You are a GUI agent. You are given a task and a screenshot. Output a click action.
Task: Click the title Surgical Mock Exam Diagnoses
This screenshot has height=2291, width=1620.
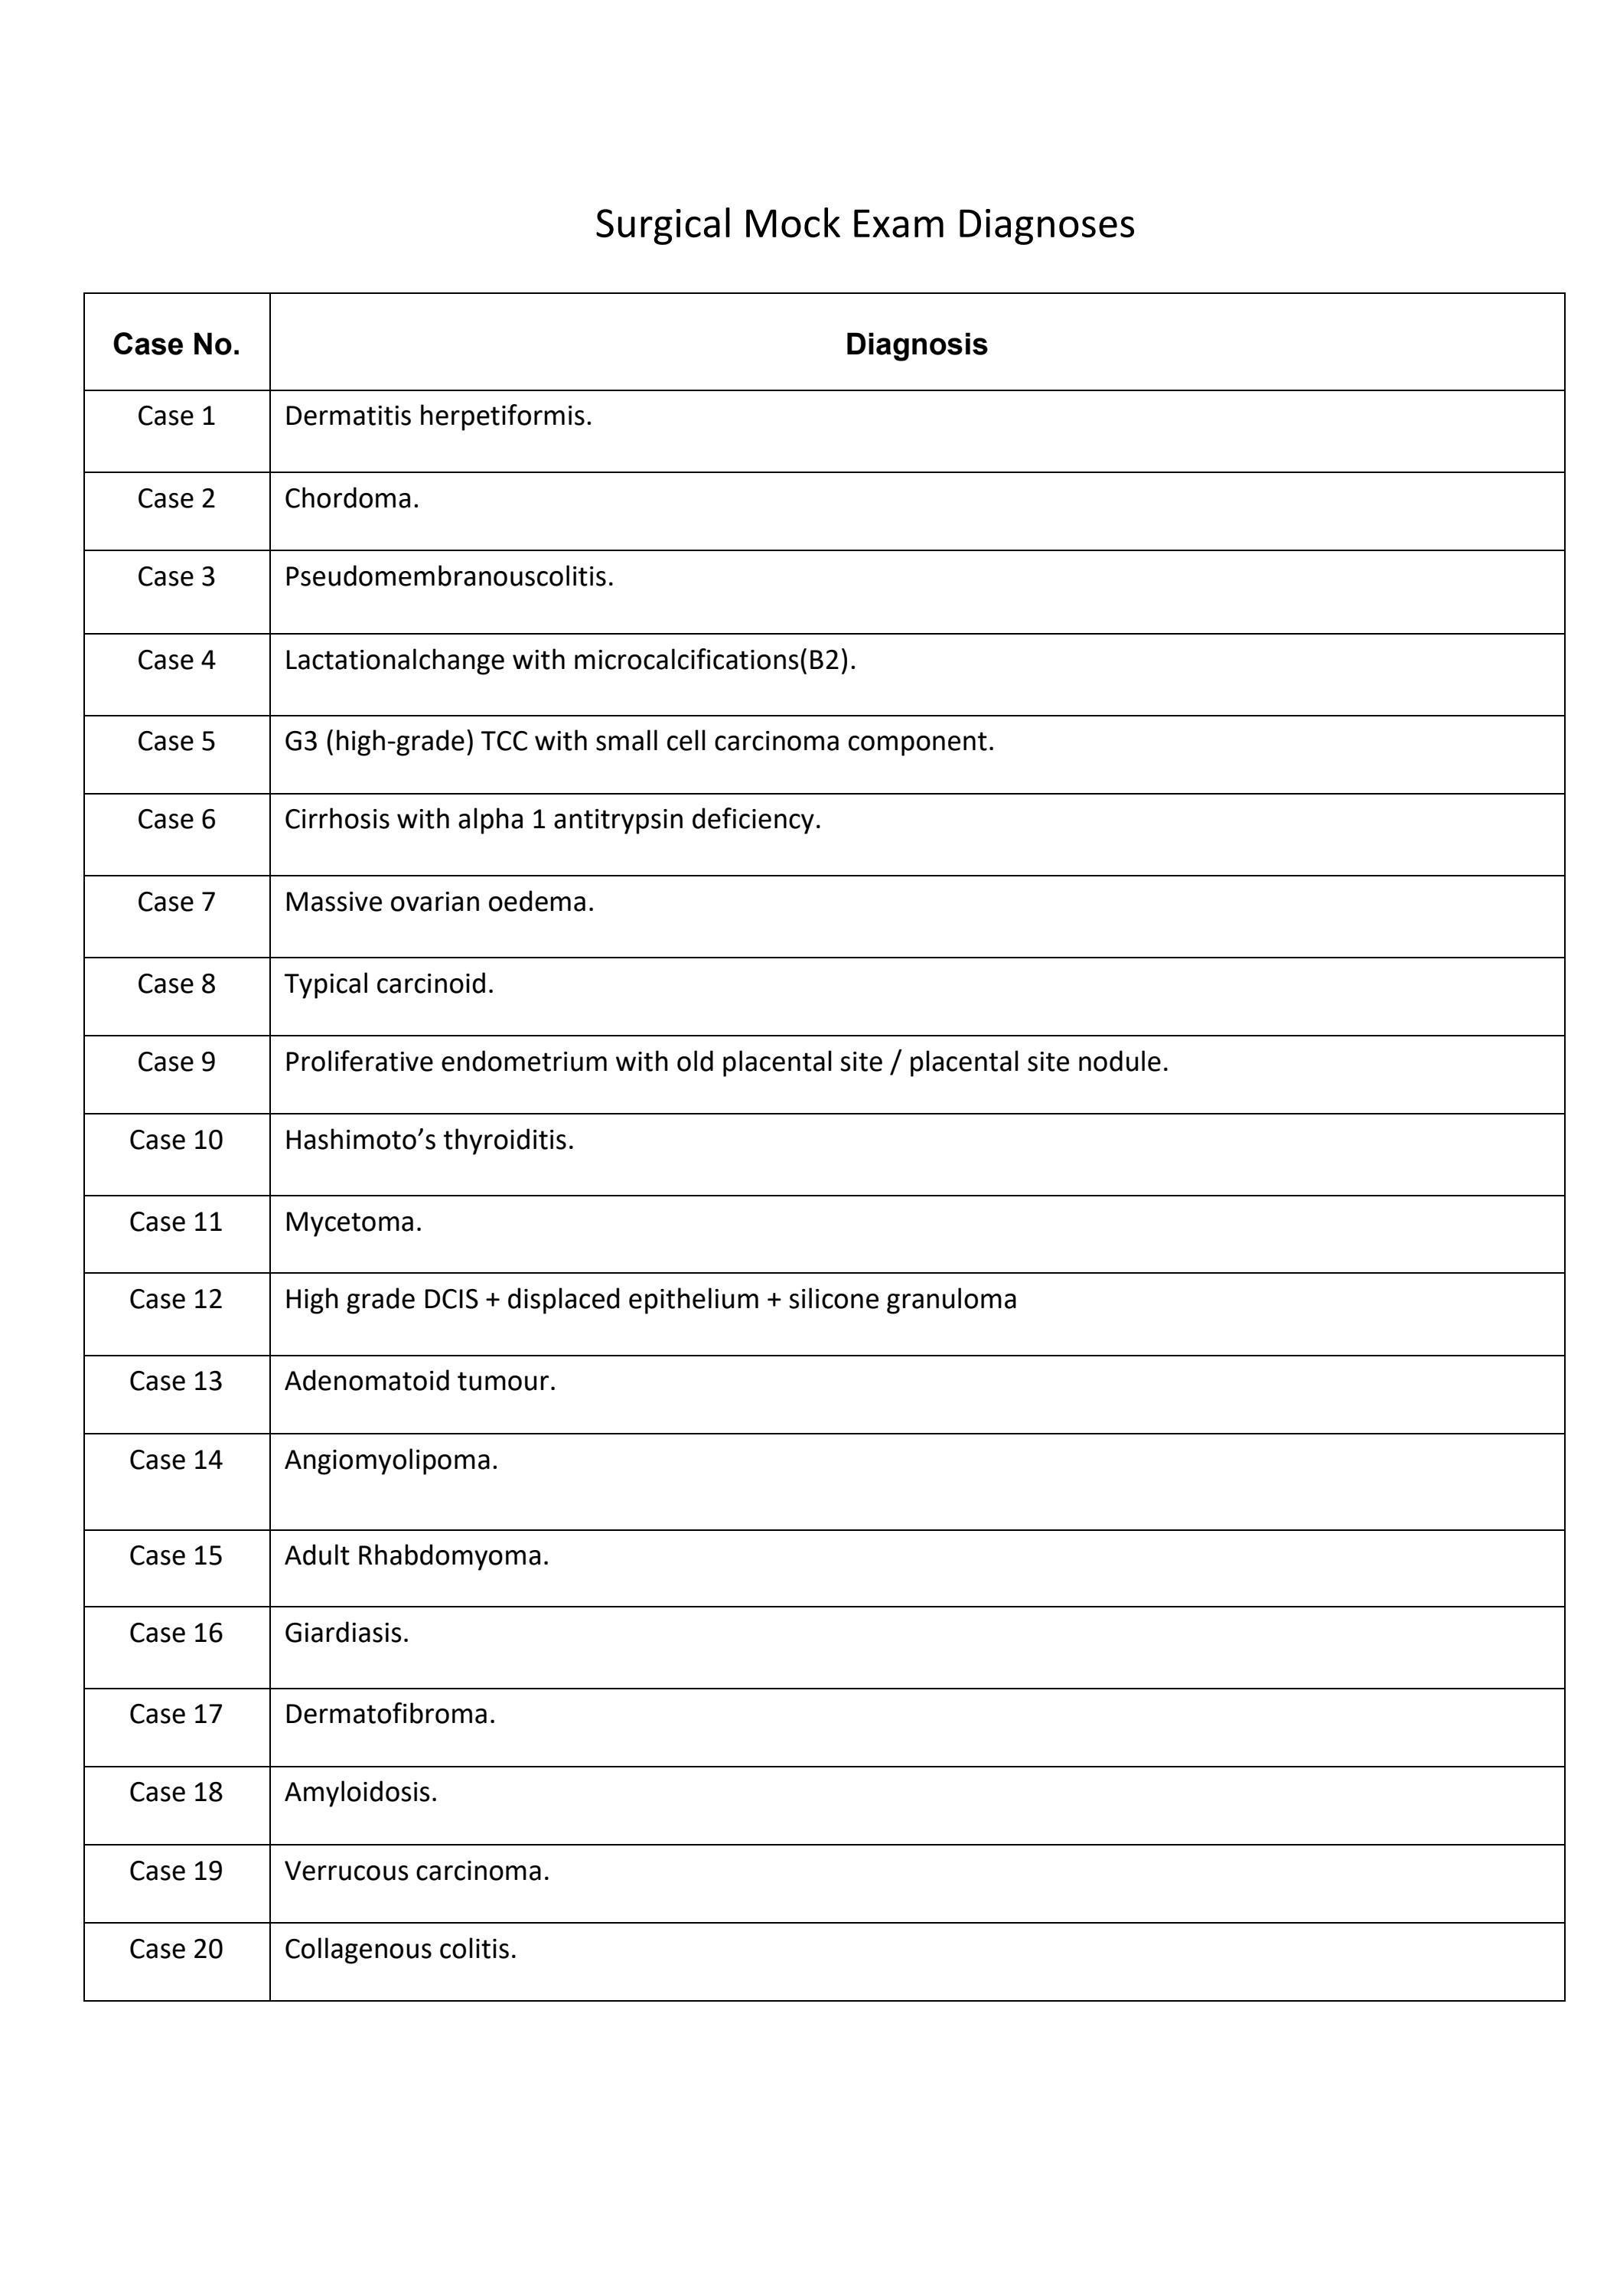click(864, 224)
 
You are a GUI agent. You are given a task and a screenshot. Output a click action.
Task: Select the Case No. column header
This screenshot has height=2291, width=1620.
click(177, 344)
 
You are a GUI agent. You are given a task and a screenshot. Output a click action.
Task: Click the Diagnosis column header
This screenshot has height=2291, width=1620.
click(916, 344)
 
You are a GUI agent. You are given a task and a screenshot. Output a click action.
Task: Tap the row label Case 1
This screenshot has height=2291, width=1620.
click(177, 416)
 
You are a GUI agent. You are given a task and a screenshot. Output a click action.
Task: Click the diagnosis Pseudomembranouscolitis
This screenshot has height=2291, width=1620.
click(449, 576)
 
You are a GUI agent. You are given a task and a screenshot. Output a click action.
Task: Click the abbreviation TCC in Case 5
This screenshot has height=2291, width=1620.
click(504, 742)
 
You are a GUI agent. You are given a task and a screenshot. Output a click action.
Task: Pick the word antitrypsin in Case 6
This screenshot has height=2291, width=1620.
click(618, 819)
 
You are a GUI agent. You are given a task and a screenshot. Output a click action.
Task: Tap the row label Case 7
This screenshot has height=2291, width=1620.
click(177, 902)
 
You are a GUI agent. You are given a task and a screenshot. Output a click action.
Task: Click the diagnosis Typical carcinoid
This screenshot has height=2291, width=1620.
click(389, 984)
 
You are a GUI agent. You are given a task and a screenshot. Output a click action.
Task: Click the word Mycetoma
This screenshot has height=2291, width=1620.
click(353, 1222)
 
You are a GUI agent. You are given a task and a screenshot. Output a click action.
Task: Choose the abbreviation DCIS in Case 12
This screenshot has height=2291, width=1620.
click(450, 1299)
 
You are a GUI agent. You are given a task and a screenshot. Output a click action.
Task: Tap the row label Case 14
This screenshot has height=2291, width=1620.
click(177, 1460)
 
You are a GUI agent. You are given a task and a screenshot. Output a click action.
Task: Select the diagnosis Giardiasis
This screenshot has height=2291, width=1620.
click(346, 1633)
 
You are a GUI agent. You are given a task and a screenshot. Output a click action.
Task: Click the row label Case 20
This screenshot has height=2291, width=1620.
click(177, 1949)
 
